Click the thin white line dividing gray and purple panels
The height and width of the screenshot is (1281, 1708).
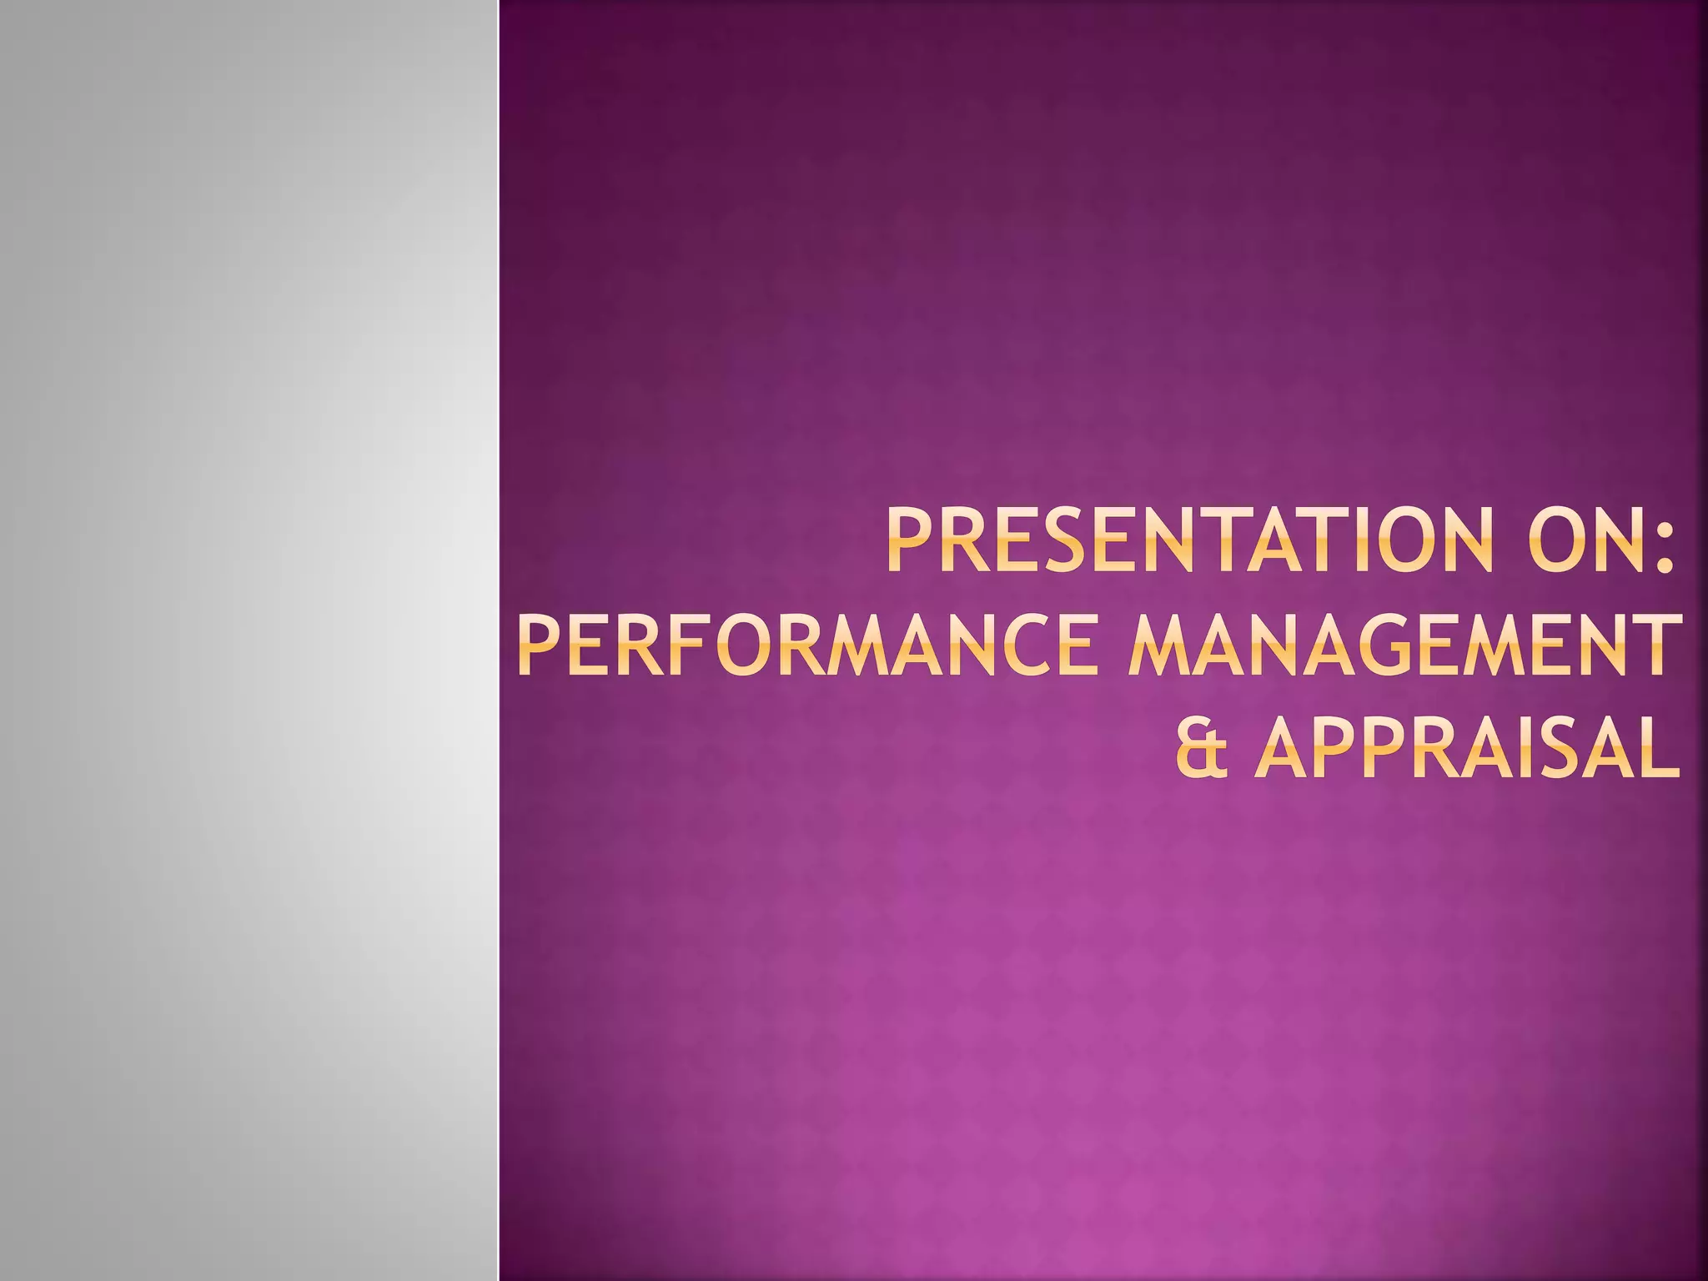(499, 640)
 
